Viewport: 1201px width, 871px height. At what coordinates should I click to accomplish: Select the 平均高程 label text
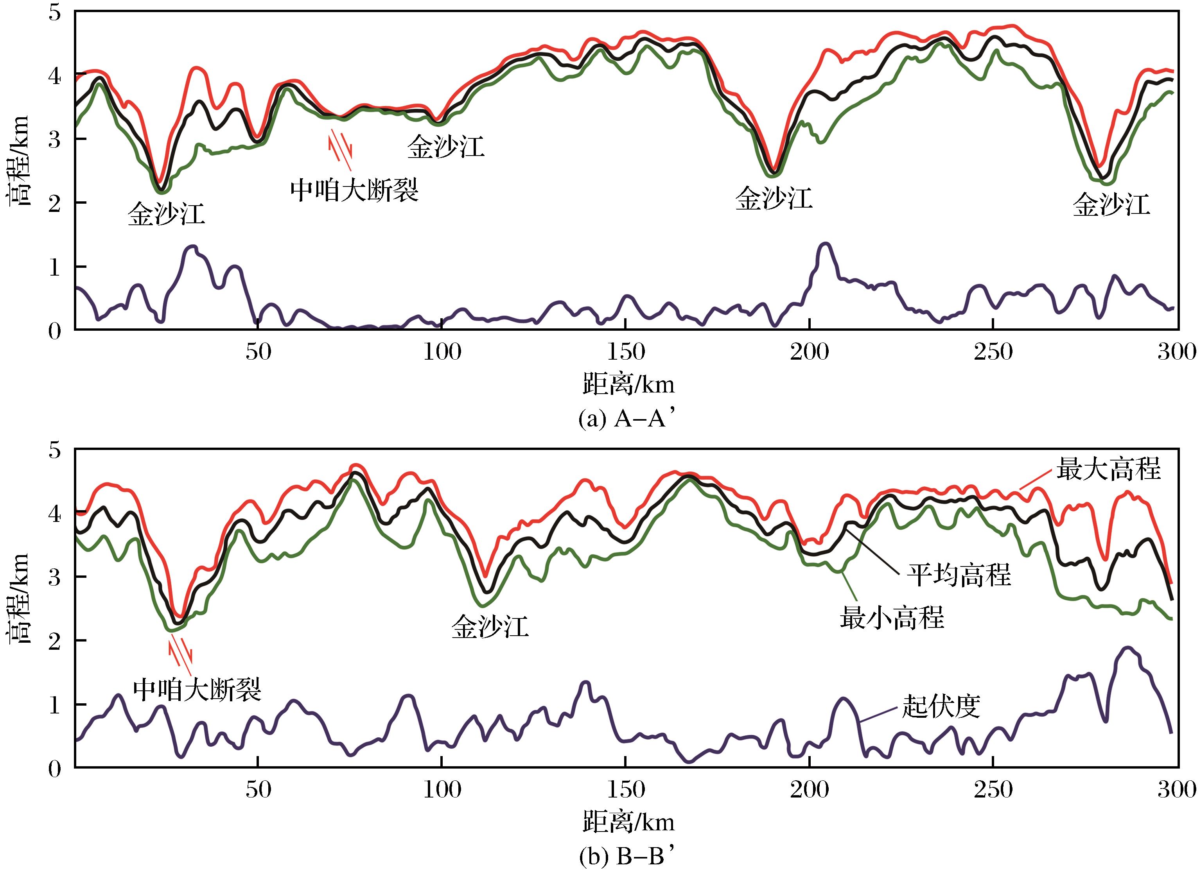pyautogui.click(x=959, y=575)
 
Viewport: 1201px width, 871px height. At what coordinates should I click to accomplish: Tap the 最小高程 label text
pyautogui.click(x=892, y=617)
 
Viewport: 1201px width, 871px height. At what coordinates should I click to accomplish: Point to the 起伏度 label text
pyautogui.click(x=941, y=706)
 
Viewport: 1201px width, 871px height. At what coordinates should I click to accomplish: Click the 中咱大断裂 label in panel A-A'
pyautogui.click(x=354, y=190)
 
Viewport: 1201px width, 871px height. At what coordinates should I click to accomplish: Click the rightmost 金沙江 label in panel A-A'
pyautogui.click(x=1111, y=205)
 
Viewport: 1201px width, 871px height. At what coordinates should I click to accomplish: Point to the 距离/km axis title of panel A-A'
pyautogui.click(x=628, y=384)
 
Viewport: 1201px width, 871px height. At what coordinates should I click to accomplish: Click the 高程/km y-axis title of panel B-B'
pyautogui.click(x=18, y=598)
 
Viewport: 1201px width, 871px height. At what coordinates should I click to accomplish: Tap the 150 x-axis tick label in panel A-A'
pyautogui.click(x=626, y=351)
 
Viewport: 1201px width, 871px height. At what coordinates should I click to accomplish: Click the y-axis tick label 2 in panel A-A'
pyautogui.click(x=54, y=203)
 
